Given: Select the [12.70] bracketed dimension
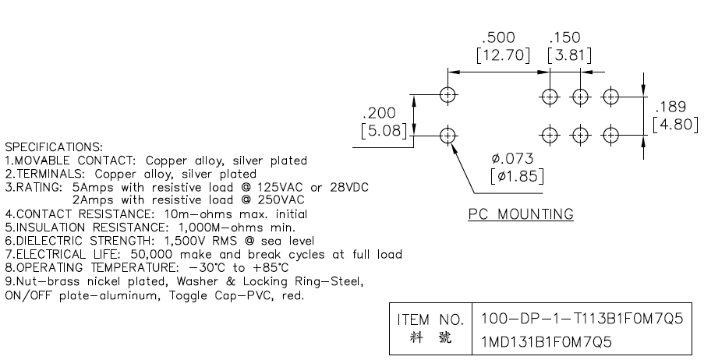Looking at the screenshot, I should tap(503, 55).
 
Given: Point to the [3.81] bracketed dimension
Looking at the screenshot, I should tap(568, 55).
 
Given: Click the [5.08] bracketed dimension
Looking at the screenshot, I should tap(384, 130).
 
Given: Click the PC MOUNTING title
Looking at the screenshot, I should tap(521, 214).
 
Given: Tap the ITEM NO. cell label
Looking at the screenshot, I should tap(431, 319).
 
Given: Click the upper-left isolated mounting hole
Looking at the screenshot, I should tap(448, 96).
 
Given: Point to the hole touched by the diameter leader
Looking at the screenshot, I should tap(448, 135).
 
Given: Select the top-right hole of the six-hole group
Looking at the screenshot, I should tap(610, 96).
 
